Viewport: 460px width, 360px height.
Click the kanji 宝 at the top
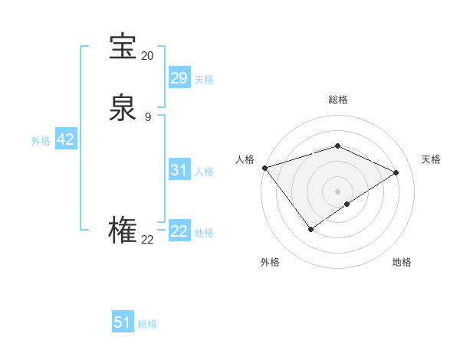(123, 47)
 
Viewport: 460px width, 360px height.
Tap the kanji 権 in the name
(123, 231)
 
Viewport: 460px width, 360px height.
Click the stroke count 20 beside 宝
(147, 56)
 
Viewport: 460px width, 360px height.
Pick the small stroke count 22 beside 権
(147, 240)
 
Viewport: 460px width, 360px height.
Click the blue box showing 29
(179, 78)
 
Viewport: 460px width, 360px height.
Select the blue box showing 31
(179, 170)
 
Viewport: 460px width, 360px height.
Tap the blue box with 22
(179, 231)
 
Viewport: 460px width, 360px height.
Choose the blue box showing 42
(65, 139)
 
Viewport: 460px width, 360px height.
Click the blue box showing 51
(123, 322)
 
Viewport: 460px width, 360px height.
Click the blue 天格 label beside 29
(204, 80)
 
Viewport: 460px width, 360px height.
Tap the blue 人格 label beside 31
(204, 172)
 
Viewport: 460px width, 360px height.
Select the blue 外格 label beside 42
(41, 141)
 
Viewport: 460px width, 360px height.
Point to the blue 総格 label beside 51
(147, 324)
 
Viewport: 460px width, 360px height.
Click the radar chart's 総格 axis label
(337, 100)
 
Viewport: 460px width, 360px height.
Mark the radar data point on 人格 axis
(264, 167)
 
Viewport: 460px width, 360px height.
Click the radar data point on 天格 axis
(396, 172)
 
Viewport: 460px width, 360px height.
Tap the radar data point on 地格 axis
(347, 204)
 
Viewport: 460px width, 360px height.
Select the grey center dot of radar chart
(337, 191)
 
